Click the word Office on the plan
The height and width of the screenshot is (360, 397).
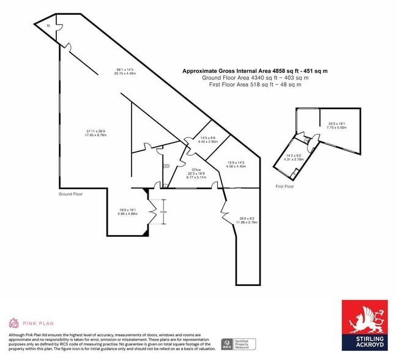point(196,169)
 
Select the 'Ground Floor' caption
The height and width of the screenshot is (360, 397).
point(70,193)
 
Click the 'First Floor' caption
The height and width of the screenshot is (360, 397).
point(284,186)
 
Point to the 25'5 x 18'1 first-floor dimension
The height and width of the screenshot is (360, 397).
point(336,126)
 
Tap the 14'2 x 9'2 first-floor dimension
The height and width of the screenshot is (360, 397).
point(295,158)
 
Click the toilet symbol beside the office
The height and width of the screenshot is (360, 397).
point(166,165)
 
